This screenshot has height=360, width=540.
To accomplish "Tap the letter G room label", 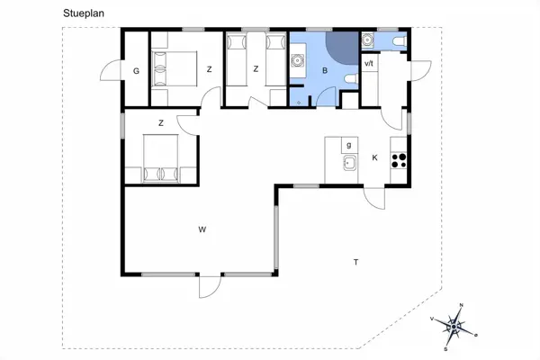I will (x=136, y=71).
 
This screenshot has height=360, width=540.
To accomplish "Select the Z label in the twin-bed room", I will (x=256, y=68).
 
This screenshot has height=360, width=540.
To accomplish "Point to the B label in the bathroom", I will (x=324, y=69).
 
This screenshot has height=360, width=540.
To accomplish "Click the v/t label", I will (x=369, y=64).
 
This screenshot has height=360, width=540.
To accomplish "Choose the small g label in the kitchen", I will (x=347, y=144).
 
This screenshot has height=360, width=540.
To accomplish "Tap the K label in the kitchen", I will (x=374, y=159).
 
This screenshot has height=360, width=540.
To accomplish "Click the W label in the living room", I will (x=202, y=230).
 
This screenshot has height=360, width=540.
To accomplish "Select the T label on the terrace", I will (x=356, y=262).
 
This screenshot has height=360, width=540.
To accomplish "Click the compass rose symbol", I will (x=455, y=326).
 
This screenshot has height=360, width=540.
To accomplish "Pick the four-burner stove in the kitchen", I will (x=399, y=162).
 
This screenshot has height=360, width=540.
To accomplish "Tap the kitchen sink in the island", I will (x=347, y=163).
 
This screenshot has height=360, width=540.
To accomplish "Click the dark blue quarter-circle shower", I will (x=338, y=48).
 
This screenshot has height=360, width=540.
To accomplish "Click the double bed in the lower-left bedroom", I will (x=163, y=159).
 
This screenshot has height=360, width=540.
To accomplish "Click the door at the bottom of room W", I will (x=209, y=286).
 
